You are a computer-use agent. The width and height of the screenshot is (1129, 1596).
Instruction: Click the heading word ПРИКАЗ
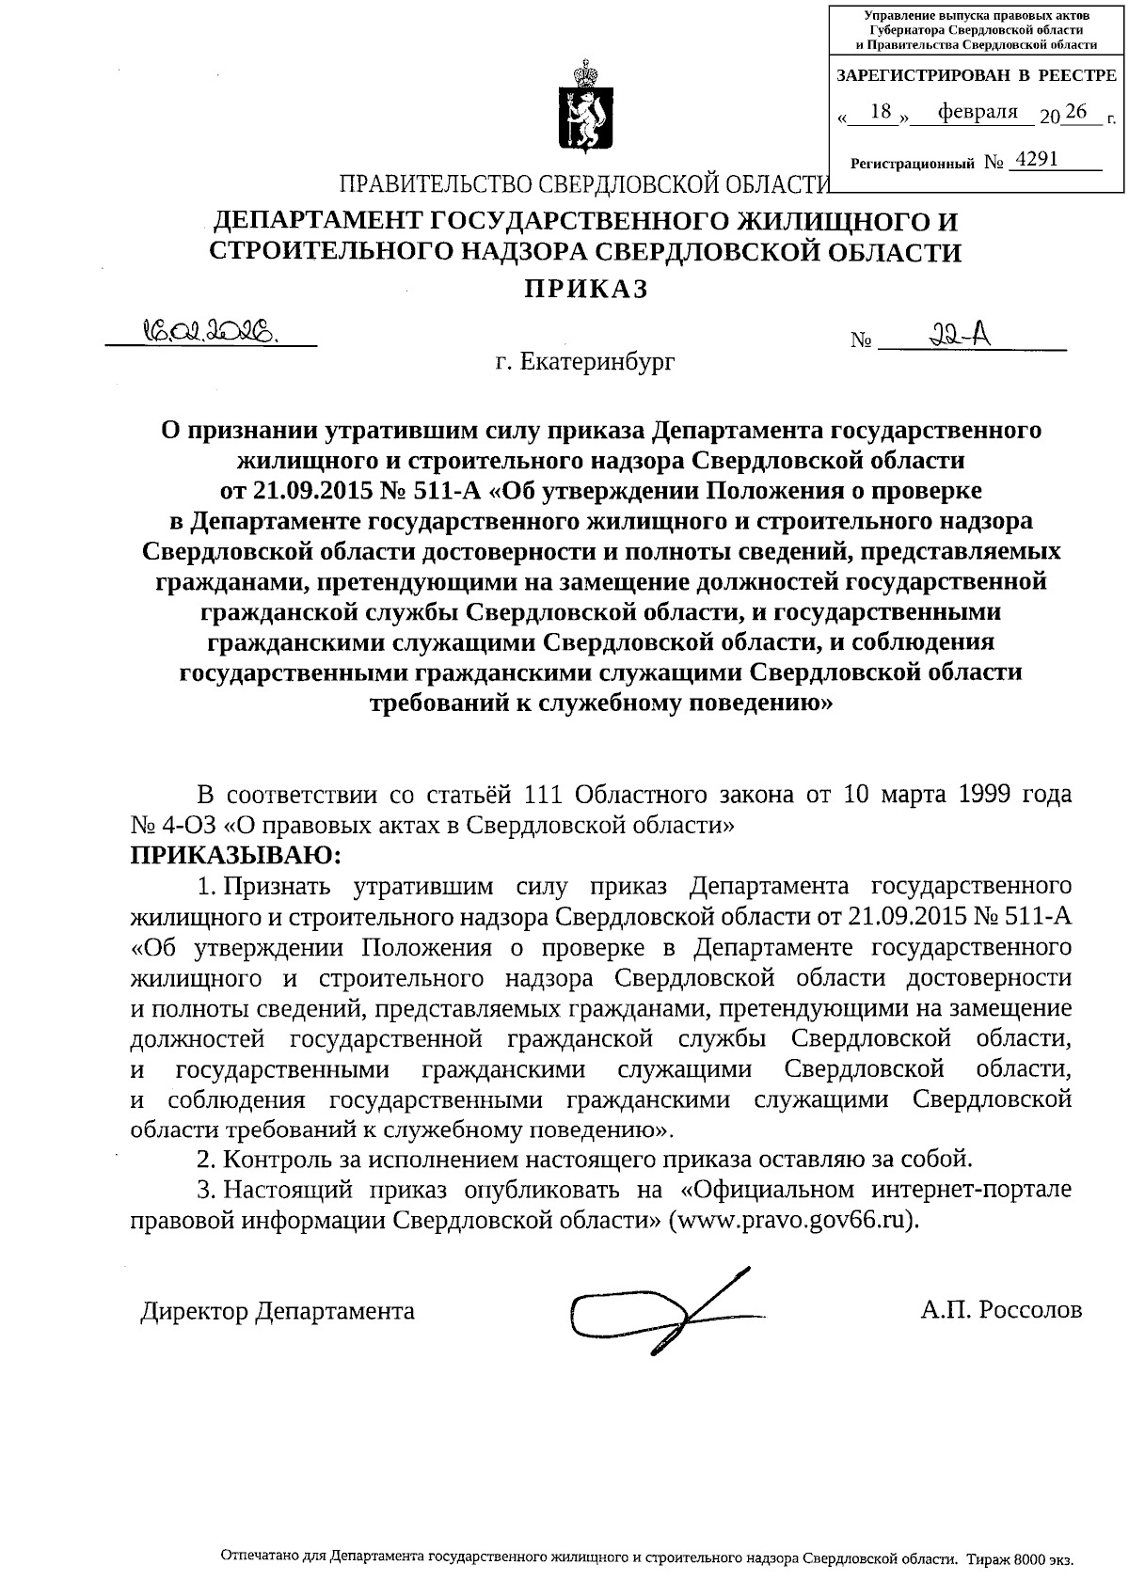click(x=585, y=290)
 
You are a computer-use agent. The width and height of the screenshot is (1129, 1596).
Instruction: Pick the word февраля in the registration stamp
click(x=971, y=113)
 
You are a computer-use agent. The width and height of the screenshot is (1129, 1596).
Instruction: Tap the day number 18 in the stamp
click(x=881, y=113)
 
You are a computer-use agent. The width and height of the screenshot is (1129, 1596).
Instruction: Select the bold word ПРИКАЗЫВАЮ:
click(x=236, y=856)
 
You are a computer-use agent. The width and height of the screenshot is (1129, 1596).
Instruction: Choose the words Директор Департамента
click(x=278, y=1310)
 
